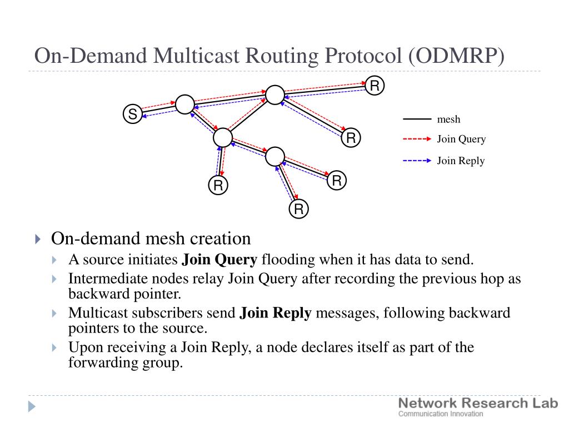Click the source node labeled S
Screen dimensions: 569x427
pyautogui.click(x=132, y=113)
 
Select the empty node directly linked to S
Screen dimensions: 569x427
pyautogui.click(x=185, y=104)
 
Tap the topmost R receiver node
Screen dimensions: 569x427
pyautogui.click(x=375, y=86)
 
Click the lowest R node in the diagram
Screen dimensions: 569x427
pyautogui.click(x=298, y=209)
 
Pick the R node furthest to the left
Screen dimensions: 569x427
pyautogui.click(x=218, y=185)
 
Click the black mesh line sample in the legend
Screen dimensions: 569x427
pyautogui.click(x=417, y=119)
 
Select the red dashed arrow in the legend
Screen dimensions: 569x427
pyautogui.click(x=417, y=138)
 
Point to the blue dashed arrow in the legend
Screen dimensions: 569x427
pyautogui.click(x=417, y=161)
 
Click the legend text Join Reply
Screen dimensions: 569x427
pyautogui.click(x=461, y=161)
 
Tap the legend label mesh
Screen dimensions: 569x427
pyautogui.click(x=448, y=120)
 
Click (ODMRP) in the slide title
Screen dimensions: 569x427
pyautogui.click(x=457, y=56)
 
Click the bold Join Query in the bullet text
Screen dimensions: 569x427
pyautogui.click(x=219, y=260)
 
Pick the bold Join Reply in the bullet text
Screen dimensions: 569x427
pyautogui.click(x=276, y=313)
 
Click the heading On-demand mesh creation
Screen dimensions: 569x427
pyautogui.click(x=151, y=239)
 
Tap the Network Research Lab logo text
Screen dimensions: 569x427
pyautogui.click(x=478, y=403)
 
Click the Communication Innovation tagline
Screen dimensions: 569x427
pyautogui.click(x=441, y=414)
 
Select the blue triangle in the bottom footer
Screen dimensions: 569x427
pyautogui.click(x=32, y=406)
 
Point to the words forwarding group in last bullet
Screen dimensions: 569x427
pyautogui.click(x=125, y=363)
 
